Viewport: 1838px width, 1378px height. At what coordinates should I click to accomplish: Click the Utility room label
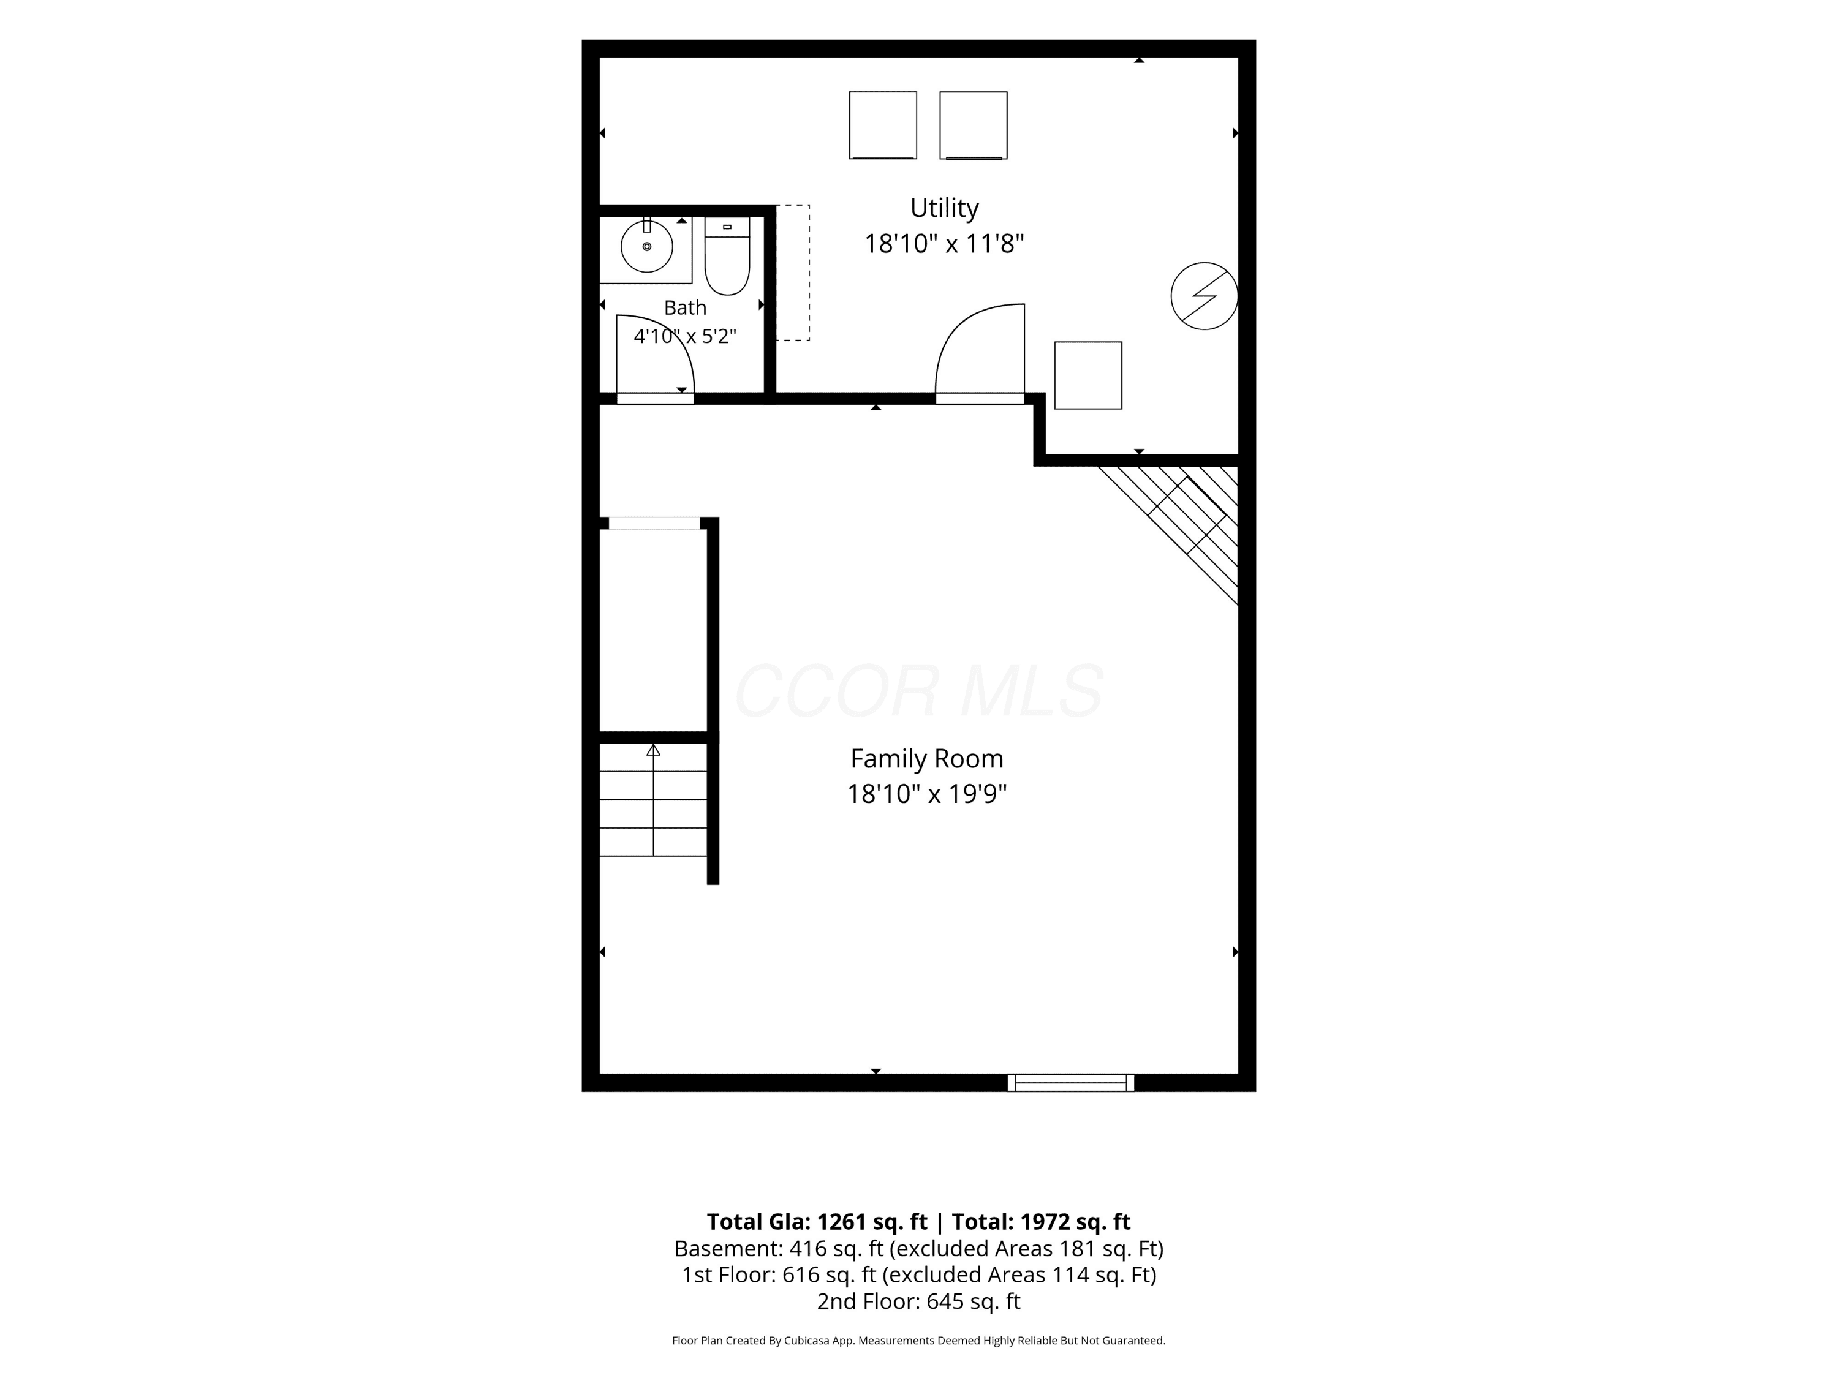point(944,208)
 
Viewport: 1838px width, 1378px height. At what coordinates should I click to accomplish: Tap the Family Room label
point(926,758)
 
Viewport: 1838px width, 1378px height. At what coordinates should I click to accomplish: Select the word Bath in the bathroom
point(685,307)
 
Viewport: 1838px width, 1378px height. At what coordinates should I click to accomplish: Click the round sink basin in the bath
point(646,247)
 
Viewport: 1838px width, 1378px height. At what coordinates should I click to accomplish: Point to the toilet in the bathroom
point(727,256)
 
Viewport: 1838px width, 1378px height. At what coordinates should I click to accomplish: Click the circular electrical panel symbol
point(1204,296)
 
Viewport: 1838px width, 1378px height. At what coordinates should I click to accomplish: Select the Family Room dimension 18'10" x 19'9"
point(926,794)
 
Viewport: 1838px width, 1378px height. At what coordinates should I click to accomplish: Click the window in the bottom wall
point(1070,1082)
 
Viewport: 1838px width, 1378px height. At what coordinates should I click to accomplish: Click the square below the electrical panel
point(1087,375)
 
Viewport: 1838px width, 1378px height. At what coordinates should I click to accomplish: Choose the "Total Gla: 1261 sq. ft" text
point(817,1222)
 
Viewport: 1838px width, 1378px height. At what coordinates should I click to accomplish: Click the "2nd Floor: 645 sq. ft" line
point(918,1301)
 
